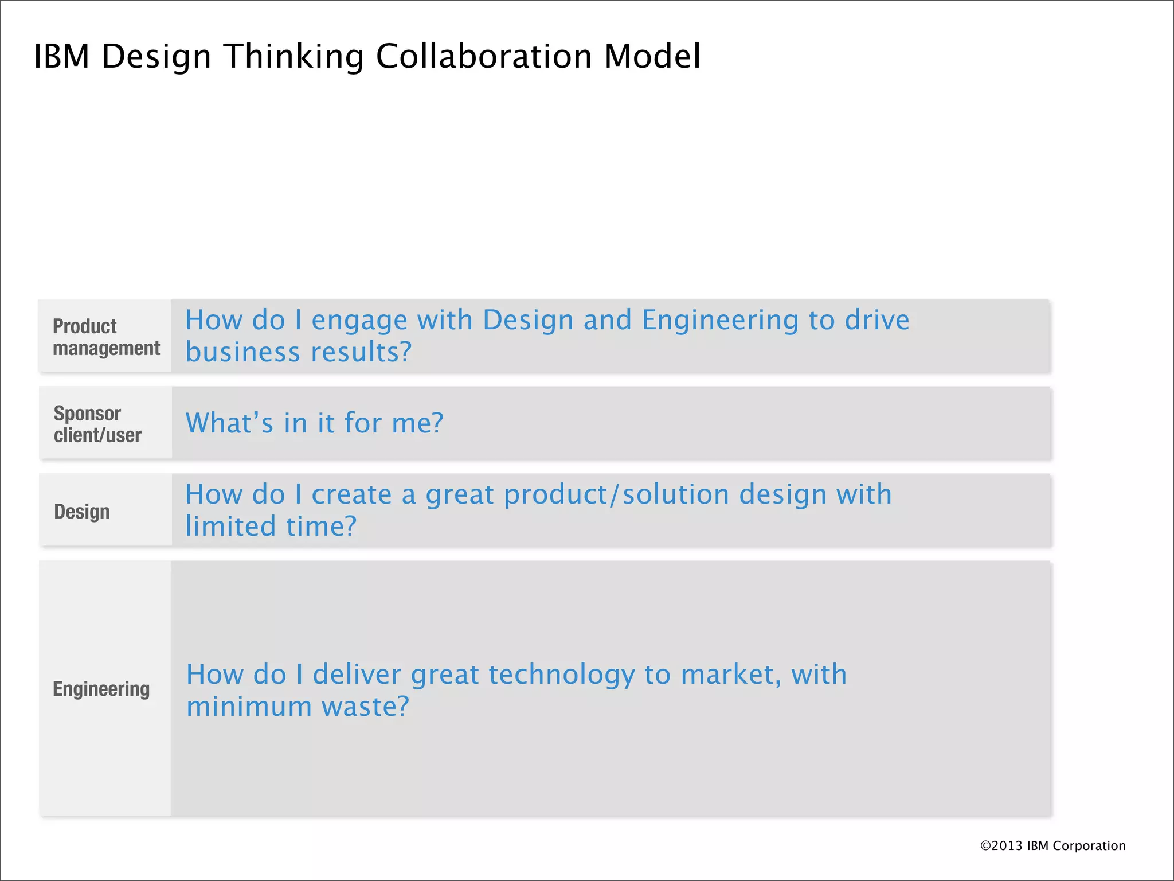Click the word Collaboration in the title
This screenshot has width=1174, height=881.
coord(483,56)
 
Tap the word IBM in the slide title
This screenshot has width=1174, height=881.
coord(62,56)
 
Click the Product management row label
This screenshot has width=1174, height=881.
coord(106,337)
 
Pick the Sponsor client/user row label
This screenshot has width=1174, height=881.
coord(97,424)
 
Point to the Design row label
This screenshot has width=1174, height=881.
coord(82,511)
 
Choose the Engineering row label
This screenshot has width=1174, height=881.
coord(101,688)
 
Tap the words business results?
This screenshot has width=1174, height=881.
coord(298,352)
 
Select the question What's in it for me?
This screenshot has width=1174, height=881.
coord(314,423)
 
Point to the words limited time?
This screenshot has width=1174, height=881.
coord(271,527)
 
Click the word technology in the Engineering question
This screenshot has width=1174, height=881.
coord(562,675)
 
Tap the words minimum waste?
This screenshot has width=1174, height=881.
coord(298,707)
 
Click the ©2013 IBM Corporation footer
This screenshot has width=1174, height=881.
coord(1052,845)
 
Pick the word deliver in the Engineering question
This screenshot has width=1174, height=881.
coord(357,675)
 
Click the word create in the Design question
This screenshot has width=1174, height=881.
coord(351,494)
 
